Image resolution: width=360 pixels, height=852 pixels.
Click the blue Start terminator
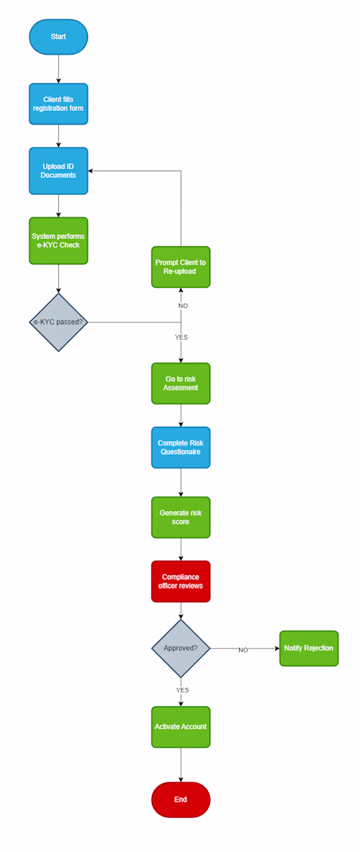pos(58,37)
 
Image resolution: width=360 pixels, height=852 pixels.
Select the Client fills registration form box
pos(58,104)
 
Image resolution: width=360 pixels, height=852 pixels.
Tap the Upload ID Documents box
pos(58,171)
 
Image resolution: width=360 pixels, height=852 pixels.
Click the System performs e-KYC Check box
pos(58,240)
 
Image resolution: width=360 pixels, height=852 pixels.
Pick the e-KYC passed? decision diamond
pos(58,322)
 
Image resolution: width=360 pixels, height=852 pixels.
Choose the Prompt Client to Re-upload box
pos(181,267)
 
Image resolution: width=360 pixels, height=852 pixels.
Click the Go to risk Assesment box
pos(181,383)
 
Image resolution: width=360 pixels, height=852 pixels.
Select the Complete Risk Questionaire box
pos(181,447)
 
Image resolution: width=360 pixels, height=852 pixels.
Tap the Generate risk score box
pos(181,517)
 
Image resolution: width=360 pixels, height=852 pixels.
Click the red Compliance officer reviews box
pos(181,581)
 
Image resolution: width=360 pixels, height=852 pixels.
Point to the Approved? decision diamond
pos(181,648)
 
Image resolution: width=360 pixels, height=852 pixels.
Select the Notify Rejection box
pos(308,648)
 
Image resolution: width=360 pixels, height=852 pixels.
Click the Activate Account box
pos(181,727)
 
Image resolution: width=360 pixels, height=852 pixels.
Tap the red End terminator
pos(181,799)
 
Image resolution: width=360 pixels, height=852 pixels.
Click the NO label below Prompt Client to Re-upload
pos(183,306)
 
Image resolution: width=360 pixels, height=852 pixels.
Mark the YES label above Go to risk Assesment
pos(181,337)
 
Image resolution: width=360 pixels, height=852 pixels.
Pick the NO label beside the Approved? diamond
pos(243,650)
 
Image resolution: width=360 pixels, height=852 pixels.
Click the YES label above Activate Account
pos(182,690)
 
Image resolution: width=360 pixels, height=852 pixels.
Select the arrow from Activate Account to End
pos(181,764)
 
